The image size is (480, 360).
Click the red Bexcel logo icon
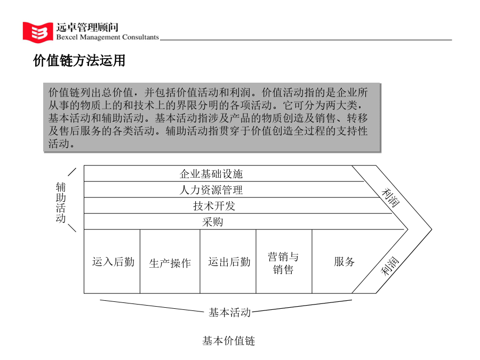(x=38, y=32)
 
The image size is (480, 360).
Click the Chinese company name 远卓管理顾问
(x=87, y=27)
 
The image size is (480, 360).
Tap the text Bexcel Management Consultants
(x=107, y=37)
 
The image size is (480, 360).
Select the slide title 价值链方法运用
(x=79, y=60)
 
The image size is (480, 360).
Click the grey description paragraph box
(x=212, y=117)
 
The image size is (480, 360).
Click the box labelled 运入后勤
(x=112, y=261)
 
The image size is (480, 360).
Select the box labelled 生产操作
(x=170, y=261)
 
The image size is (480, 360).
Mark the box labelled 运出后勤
(x=228, y=261)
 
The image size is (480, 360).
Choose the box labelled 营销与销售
(x=284, y=261)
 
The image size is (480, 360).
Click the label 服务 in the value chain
(x=344, y=261)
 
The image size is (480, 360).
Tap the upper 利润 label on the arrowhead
(x=390, y=198)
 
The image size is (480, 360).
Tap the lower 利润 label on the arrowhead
(x=390, y=266)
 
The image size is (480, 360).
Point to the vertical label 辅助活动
(x=61, y=202)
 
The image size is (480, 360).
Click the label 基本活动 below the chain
(x=229, y=312)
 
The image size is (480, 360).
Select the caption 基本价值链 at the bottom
(x=229, y=340)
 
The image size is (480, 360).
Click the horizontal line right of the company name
(x=306, y=40)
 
